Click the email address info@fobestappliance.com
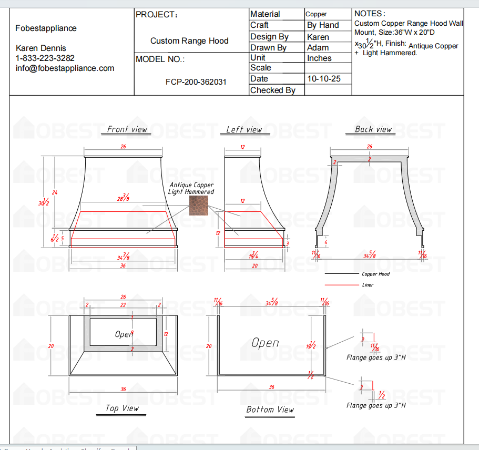(x=65, y=68)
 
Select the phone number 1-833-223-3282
(x=45, y=58)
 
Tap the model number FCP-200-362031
(x=196, y=83)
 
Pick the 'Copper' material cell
(x=316, y=14)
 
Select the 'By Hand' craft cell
(x=323, y=25)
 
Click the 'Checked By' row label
(x=273, y=90)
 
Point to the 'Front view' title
(x=127, y=129)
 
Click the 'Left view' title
(x=244, y=130)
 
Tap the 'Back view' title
(x=373, y=129)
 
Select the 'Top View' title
(x=122, y=408)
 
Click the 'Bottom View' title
(x=270, y=410)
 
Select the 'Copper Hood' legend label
(x=375, y=274)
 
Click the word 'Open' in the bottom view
(x=265, y=343)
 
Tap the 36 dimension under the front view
(x=123, y=266)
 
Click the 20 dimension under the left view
(x=254, y=266)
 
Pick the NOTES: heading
(x=370, y=14)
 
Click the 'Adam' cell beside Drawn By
(x=318, y=48)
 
